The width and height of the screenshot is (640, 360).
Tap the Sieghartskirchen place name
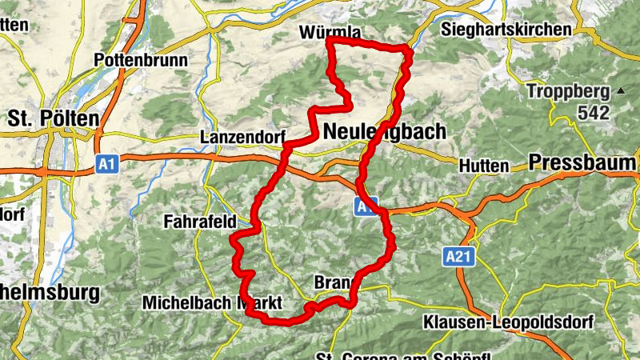(506, 29)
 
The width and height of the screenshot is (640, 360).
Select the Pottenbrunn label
(140, 60)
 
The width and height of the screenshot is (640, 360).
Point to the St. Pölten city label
(54, 118)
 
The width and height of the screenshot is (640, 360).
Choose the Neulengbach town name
(385, 134)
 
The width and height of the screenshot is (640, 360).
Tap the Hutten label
(484, 166)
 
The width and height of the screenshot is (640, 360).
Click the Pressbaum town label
(583, 162)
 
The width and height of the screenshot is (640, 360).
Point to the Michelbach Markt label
(213, 303)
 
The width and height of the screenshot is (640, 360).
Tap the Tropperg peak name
(569, 91)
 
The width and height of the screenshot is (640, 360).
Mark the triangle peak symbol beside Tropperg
(620, 90)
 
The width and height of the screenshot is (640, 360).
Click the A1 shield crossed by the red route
(365, 207)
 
